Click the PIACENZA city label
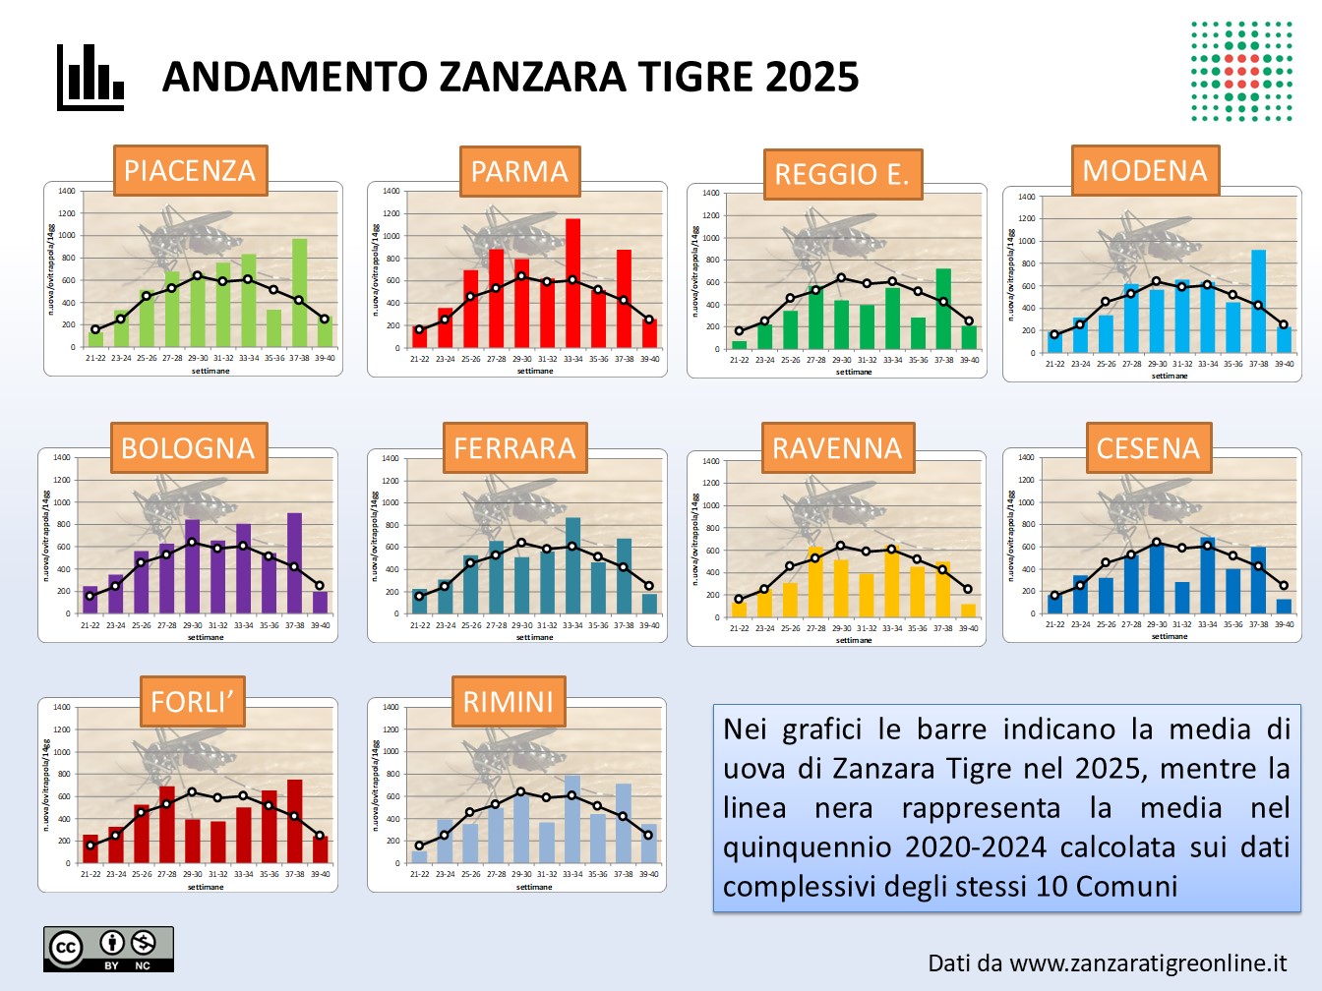click(x=190, y=171)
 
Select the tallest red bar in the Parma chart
click(x=572, y=283)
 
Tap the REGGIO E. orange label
click(x=842, y=174)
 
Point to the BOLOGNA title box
click(x=188, y=448)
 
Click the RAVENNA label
click(x=837, y=448)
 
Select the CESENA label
click(x=1148, y=448)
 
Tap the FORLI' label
click(x=192, y=702)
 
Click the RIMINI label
click(x=509, y=702)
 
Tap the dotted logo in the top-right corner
click(x=1241, y=71)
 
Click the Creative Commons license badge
click(x=108, y=949)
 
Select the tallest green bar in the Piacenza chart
click(x=299, y=293)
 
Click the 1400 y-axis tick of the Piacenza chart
click(x=66, y=191)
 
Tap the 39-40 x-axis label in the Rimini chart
click(x=648, y=874)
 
